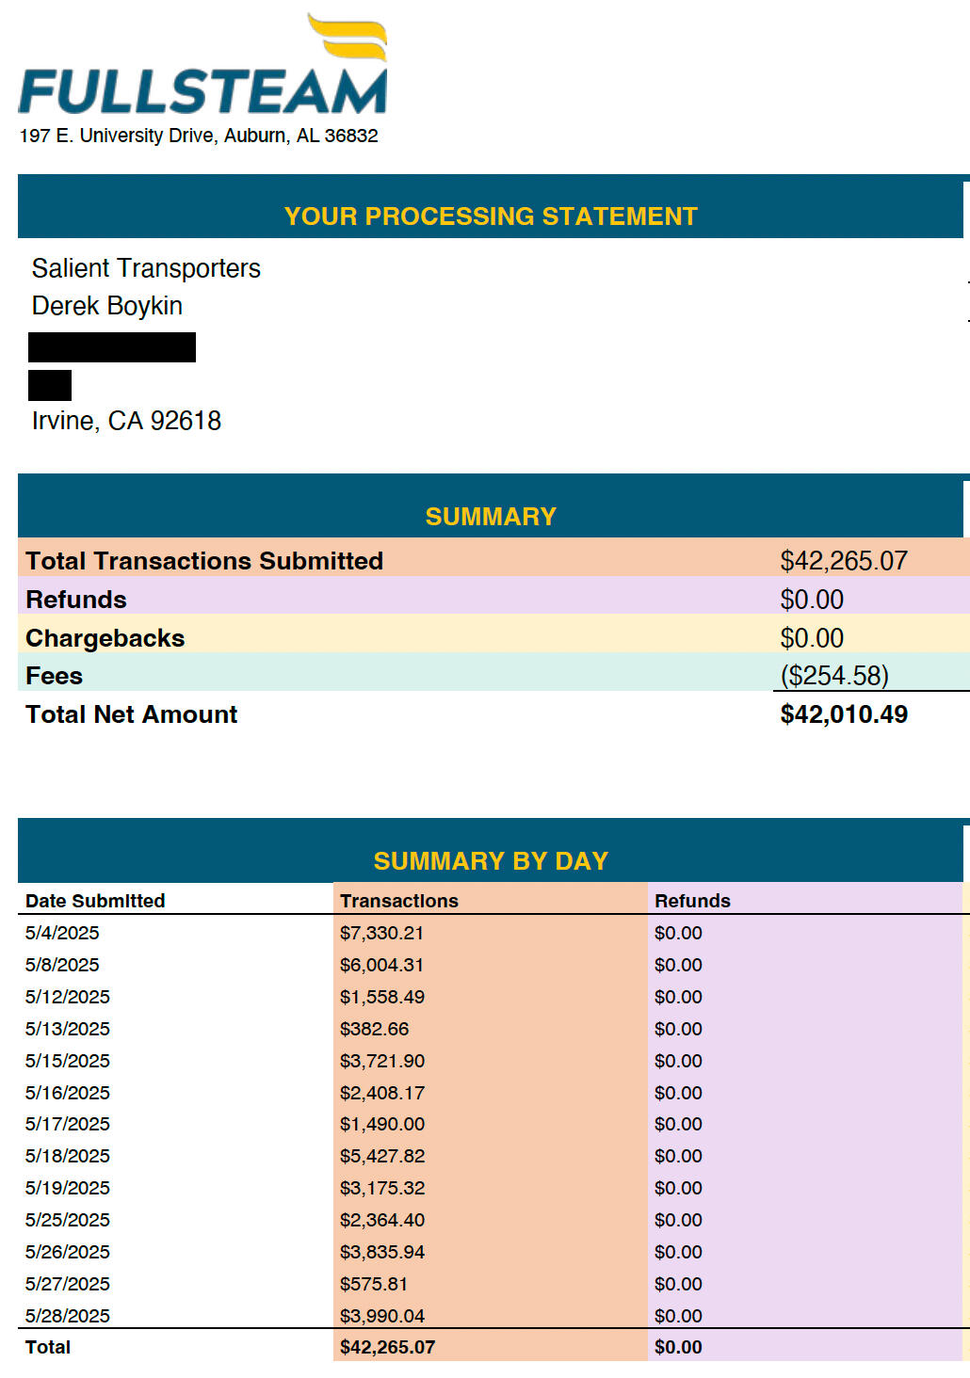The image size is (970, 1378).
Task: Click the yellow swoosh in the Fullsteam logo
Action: [348, 38]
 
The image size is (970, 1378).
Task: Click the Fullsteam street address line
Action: [199, 136]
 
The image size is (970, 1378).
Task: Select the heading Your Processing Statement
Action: [491, 216]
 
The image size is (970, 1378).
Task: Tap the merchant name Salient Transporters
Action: [146, 268]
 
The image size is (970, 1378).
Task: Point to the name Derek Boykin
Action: [107, 306]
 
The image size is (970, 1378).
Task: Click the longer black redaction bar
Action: [112, 347]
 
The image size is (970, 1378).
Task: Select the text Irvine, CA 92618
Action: [126, 421]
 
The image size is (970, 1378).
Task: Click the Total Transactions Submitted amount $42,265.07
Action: [844, 561]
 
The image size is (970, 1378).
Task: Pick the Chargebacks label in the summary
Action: [105, 638]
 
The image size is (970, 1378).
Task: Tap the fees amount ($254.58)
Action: [834, 676]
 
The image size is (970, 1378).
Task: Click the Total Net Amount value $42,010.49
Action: [844, 714]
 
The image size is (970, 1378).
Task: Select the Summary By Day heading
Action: [491, 861]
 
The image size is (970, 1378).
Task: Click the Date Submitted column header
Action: [95, 901]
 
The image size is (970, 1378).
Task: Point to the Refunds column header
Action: [692, 901]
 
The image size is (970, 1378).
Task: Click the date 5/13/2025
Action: [68, 1029]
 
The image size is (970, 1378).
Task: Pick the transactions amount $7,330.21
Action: [381, 933]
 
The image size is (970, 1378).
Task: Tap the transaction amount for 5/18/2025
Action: [382, 1156]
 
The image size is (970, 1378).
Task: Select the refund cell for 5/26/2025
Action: [678, 1252]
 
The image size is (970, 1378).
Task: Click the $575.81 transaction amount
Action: [374, 1284]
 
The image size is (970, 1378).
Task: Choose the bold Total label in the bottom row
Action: [48, 1347]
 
